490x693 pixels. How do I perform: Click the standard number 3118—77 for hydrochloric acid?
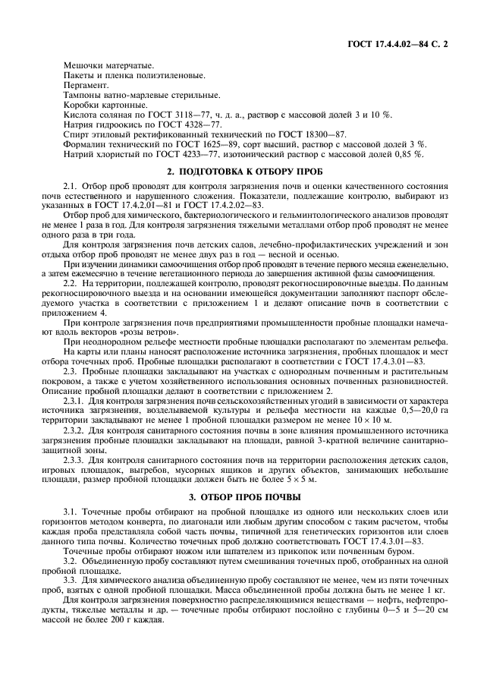[185, 114]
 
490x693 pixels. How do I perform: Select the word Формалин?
[88, 144]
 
